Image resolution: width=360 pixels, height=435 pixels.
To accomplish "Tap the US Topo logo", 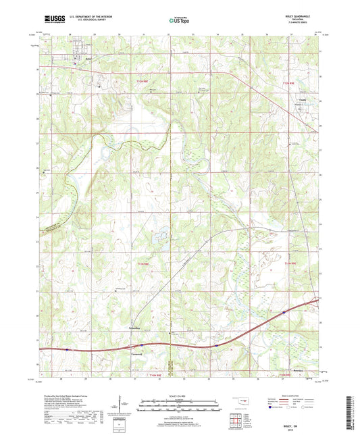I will [x=179, y=21].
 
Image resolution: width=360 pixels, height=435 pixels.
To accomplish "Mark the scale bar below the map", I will [x=180, y=404].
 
